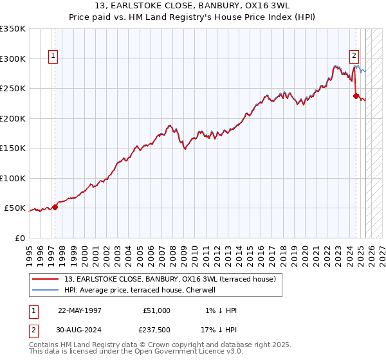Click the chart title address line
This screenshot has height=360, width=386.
click(192, 6)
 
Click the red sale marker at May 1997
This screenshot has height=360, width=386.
click(55, 207)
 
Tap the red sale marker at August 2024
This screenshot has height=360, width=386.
click(356, 96)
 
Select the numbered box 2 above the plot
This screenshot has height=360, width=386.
click(354, 55)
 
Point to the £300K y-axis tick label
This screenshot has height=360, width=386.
click(13, 59)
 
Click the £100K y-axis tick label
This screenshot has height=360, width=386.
click(13, 178)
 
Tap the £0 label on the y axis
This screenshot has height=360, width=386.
click(21, 238)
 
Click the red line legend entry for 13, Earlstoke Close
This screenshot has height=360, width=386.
click(170, 279)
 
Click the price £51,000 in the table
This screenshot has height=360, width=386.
click(157, 310)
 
